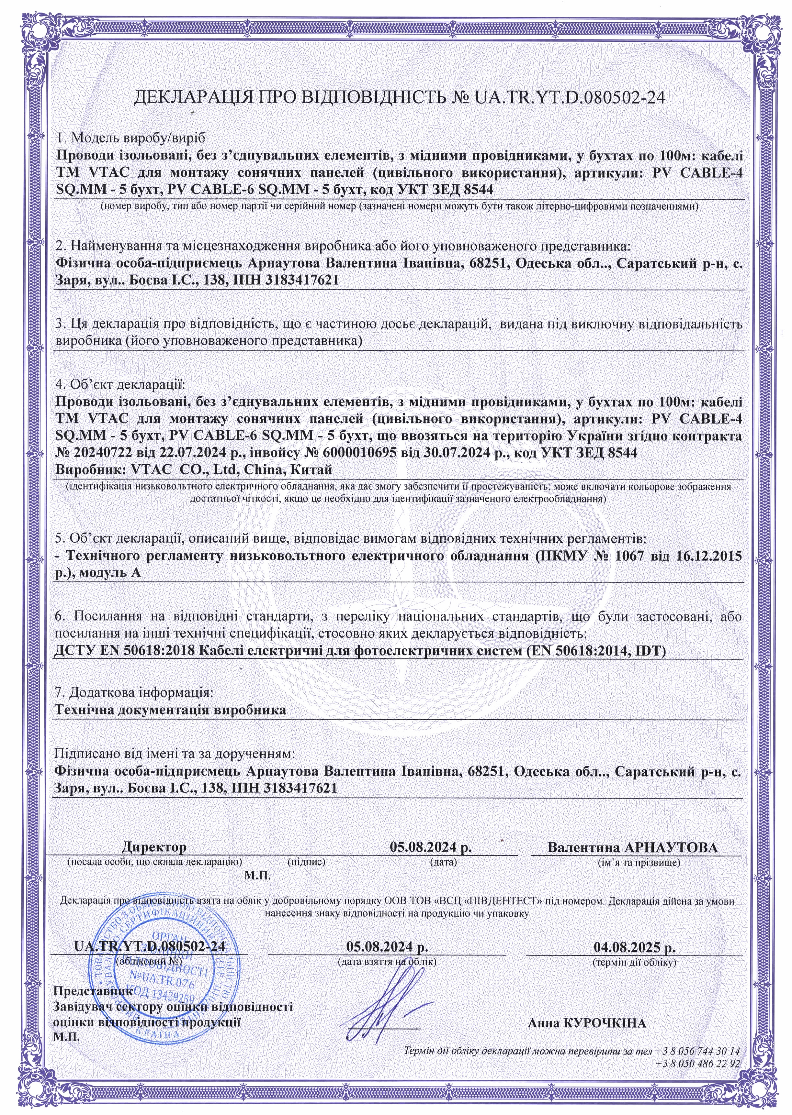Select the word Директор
[x=154, y=847]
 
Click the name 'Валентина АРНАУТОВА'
[x=632, y=847]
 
